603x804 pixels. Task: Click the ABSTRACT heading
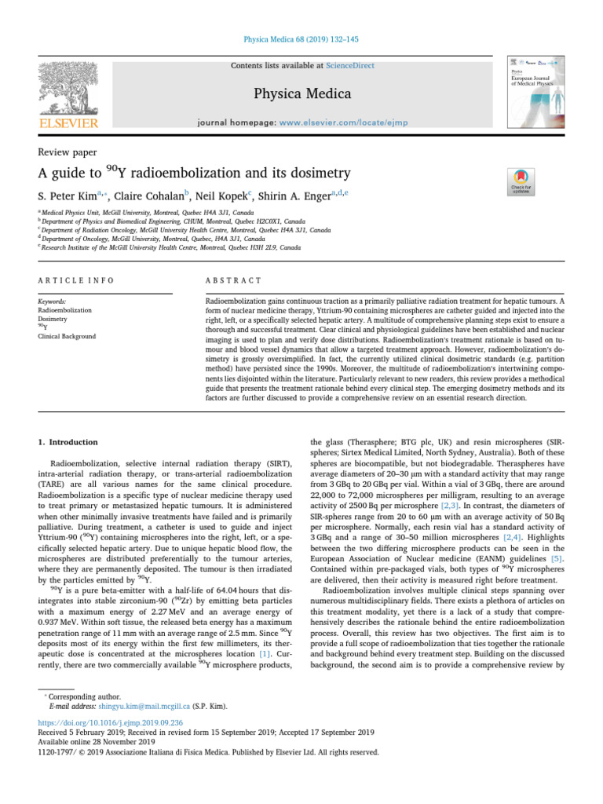(233, 280)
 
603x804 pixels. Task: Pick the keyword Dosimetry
(53, 320)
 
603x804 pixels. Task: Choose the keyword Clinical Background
(68, 337)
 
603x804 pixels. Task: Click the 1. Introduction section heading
(68, 442)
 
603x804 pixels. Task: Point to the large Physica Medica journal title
(301, 95)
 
